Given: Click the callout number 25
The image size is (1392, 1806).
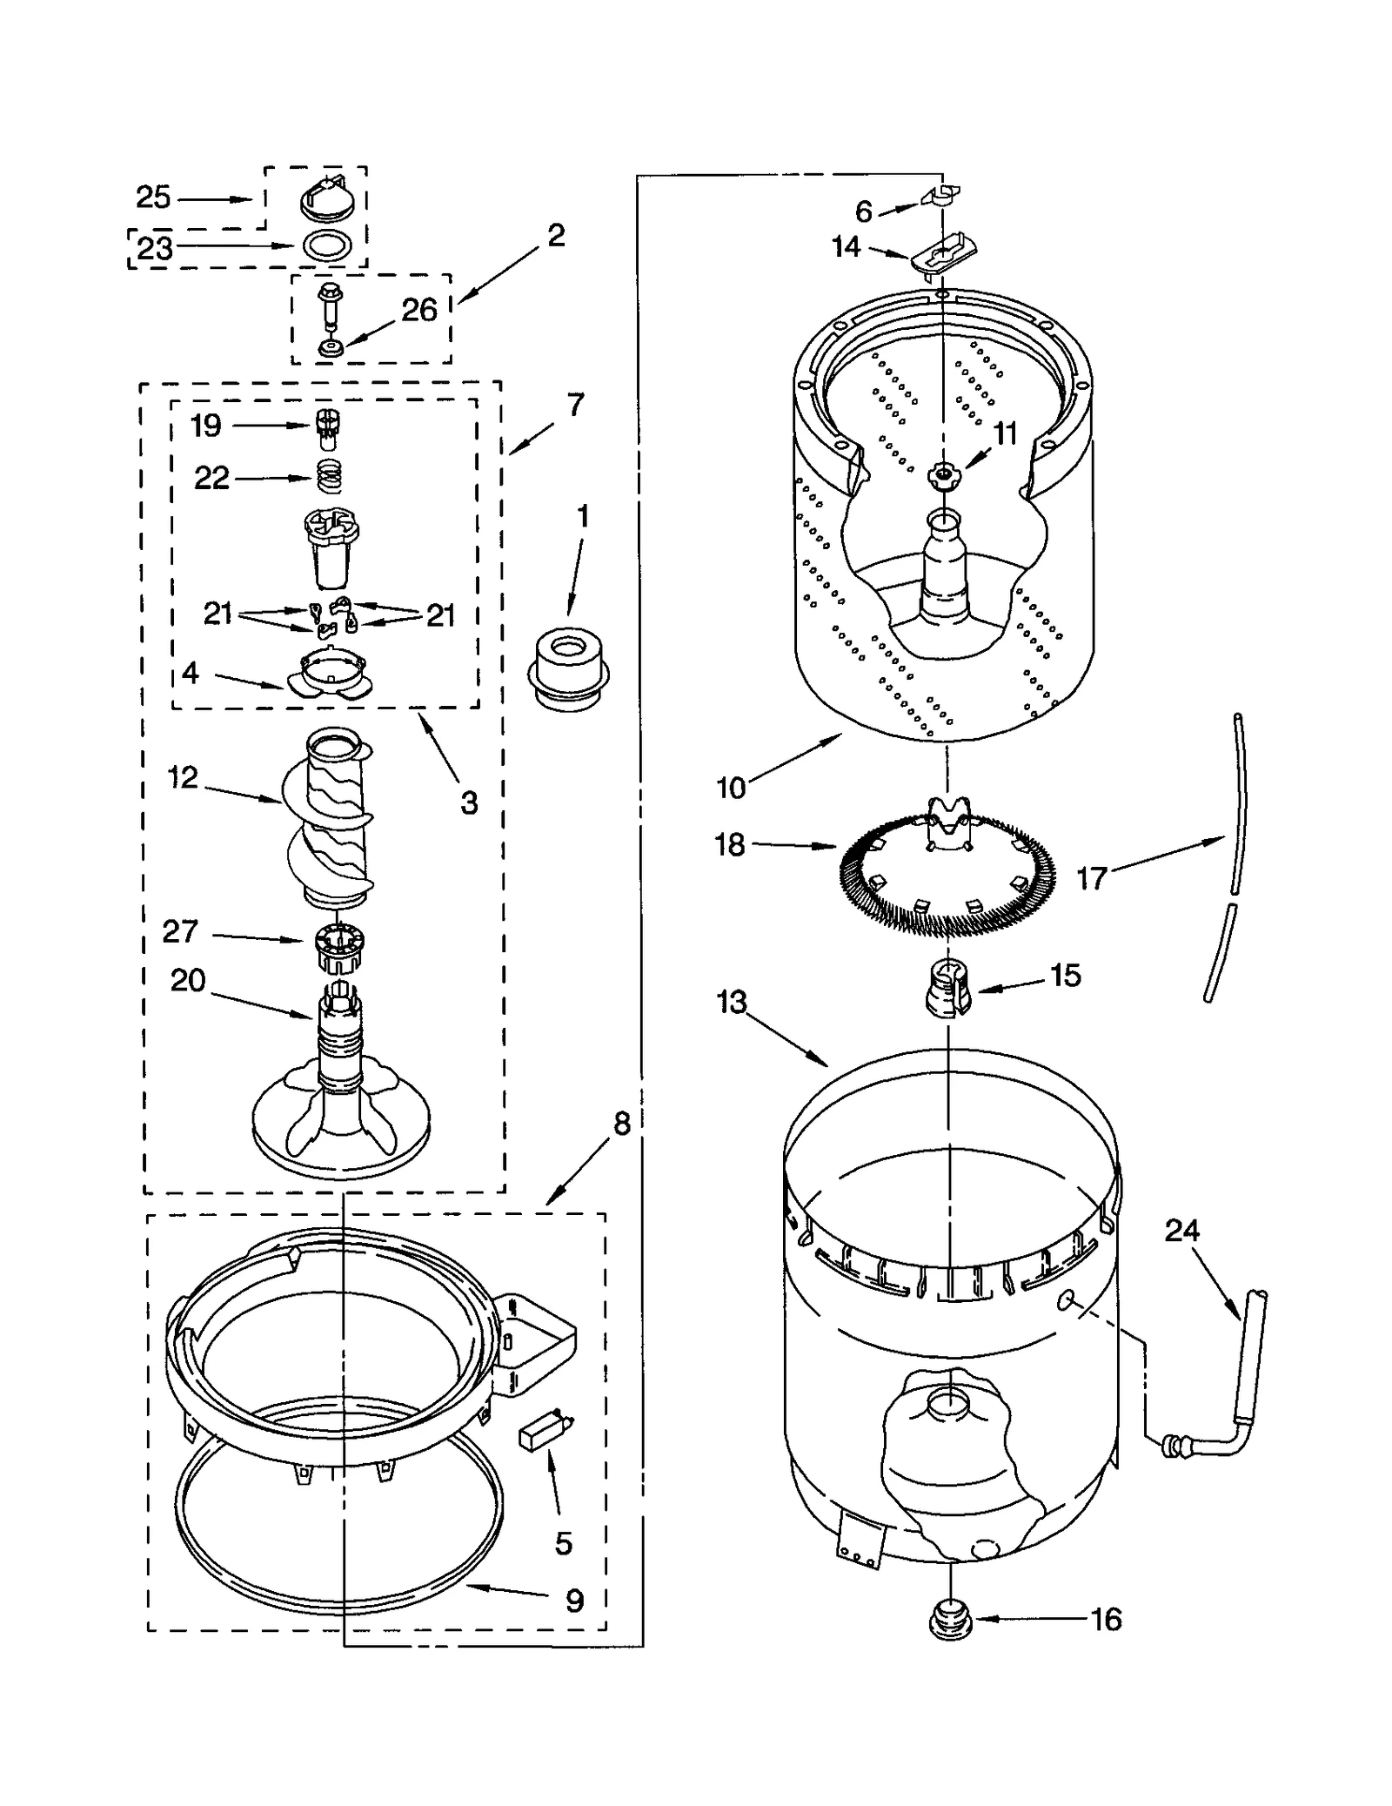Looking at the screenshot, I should tap(153, 198).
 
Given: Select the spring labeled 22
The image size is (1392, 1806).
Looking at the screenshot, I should tap(328, 477).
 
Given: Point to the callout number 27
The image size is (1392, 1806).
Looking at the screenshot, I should tap(180, 931).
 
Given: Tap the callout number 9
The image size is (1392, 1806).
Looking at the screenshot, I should tap(574, 1601).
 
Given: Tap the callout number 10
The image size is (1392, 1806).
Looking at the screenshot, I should tap(731, 787).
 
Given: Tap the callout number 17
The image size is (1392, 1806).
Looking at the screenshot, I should tap(1091, 878).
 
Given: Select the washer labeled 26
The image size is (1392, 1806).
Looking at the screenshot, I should tap(330, 348).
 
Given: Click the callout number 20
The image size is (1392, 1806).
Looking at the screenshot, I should tap(188, 981).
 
